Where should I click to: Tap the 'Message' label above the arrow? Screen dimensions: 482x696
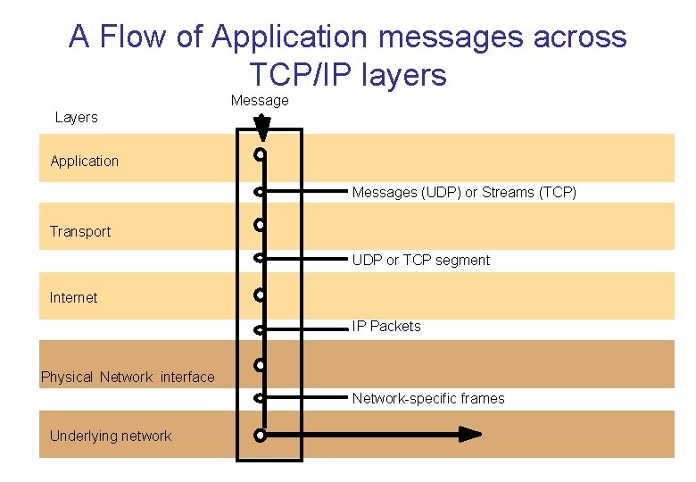click(x=260, y=100)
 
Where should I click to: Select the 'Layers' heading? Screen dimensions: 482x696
click(x=77, y=117)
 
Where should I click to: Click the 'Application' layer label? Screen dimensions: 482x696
click(x=85, y=161)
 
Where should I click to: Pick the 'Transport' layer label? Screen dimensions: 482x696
click(x=80, y=231)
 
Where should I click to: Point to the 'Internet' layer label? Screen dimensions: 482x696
click(x=74, y=297)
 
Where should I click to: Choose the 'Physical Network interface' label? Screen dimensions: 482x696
click(x=128, y=377)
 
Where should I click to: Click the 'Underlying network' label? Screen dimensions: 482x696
click(x=111, y=436)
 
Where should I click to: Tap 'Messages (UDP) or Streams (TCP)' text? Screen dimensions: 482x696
click(x=464, y=192)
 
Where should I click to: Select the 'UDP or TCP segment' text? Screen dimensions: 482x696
click(x=421, y=260)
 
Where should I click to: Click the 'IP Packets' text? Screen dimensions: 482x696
click(x=386, y=326)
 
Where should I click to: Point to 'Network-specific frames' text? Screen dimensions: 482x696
click(x=428, y=398)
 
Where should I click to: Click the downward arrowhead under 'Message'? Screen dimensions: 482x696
click(x=261, y=131)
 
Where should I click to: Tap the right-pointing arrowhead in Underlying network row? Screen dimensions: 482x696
click(x=470, y=435)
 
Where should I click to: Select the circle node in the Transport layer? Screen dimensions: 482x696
click(x=259, y=224)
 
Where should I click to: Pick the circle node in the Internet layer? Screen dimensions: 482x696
click(x=259, y=294)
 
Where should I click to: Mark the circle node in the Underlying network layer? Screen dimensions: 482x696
click(x=259, y=436)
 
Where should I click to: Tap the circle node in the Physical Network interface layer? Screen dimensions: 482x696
click(x=259, y=365)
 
